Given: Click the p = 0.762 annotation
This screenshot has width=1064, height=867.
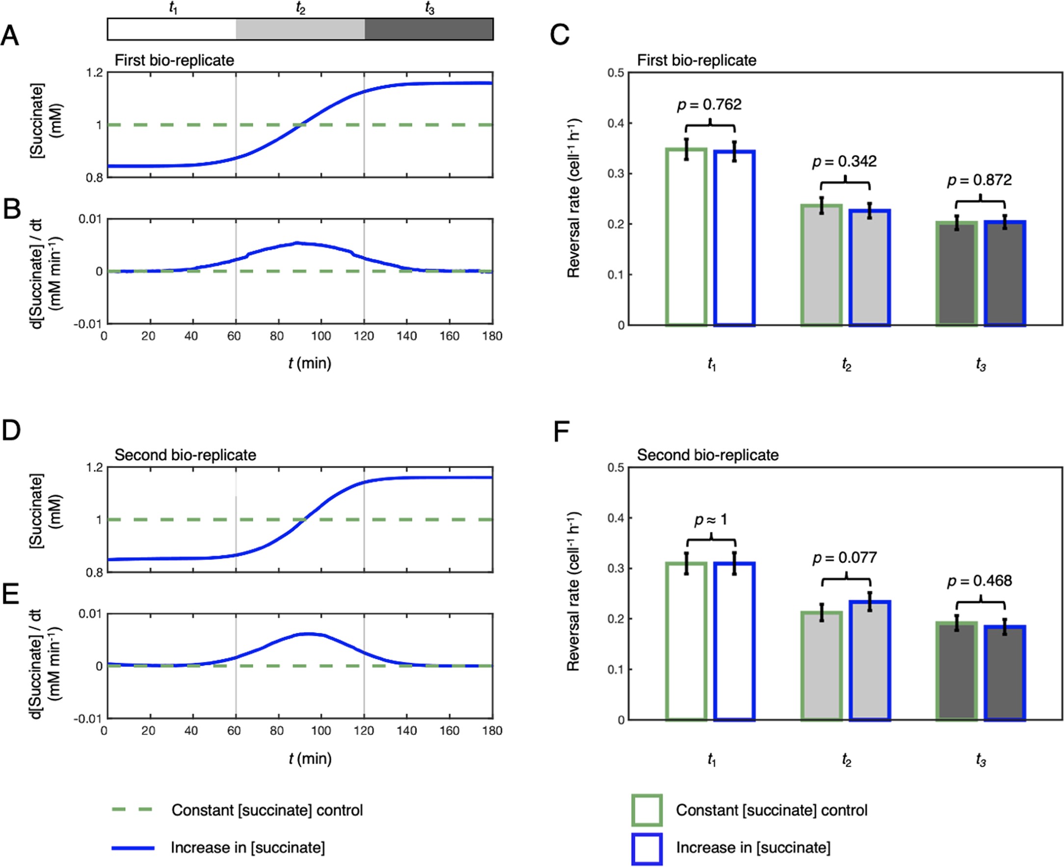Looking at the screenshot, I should point(709,105).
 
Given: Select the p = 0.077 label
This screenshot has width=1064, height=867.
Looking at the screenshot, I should point(844,557).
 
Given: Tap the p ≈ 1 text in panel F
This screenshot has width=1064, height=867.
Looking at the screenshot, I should point(710,520).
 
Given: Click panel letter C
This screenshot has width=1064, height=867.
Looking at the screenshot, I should point(559,35).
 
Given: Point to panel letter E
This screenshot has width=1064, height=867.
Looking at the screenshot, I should point(11,595).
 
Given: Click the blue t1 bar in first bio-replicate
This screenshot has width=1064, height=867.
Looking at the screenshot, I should point(734,238).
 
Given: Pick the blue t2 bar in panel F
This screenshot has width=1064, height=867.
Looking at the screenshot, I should point(869,660).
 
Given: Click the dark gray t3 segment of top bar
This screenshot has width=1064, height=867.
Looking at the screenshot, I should point(428,29).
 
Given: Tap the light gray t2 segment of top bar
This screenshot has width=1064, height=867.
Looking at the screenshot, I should point(300,29).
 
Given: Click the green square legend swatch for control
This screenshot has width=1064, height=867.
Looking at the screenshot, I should point(647,810).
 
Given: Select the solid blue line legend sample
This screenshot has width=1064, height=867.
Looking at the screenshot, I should point(133,847).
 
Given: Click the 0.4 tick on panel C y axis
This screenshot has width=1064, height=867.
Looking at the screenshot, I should point(615,123).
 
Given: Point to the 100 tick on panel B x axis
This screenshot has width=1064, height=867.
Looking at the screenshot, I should point(320,336).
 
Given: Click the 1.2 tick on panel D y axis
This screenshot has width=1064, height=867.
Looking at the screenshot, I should point(95,467).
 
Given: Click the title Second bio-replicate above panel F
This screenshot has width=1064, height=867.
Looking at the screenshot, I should point(708,455).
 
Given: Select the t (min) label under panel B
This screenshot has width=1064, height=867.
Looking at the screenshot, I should point(310,363).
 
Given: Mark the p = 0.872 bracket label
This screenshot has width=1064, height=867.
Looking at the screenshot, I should point(979,180).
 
